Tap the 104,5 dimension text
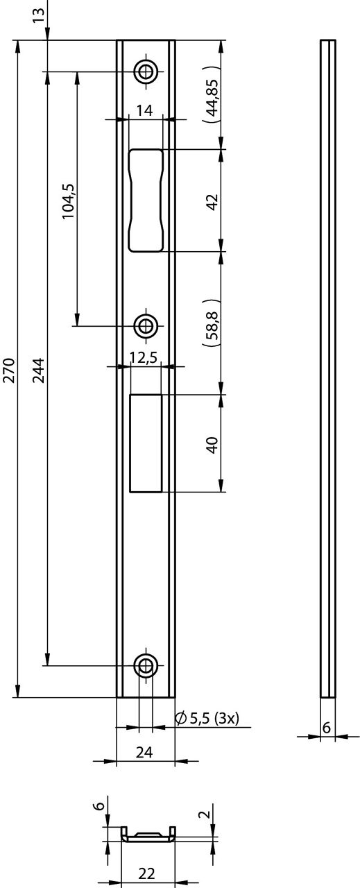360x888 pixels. (68, 202)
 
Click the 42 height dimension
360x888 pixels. (213, 201)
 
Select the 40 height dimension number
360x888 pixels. (213, 443)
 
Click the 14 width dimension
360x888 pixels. (144, 110)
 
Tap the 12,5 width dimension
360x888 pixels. (144, 357)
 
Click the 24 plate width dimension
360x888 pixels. (145, 751)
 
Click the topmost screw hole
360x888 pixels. (146, 70)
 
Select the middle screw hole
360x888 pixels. (146, 325)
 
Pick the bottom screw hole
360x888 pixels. (146, 665)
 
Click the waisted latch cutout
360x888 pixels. (146, 200)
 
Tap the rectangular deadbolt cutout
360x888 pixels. (146, 443)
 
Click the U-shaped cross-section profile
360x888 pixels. (148, 835)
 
